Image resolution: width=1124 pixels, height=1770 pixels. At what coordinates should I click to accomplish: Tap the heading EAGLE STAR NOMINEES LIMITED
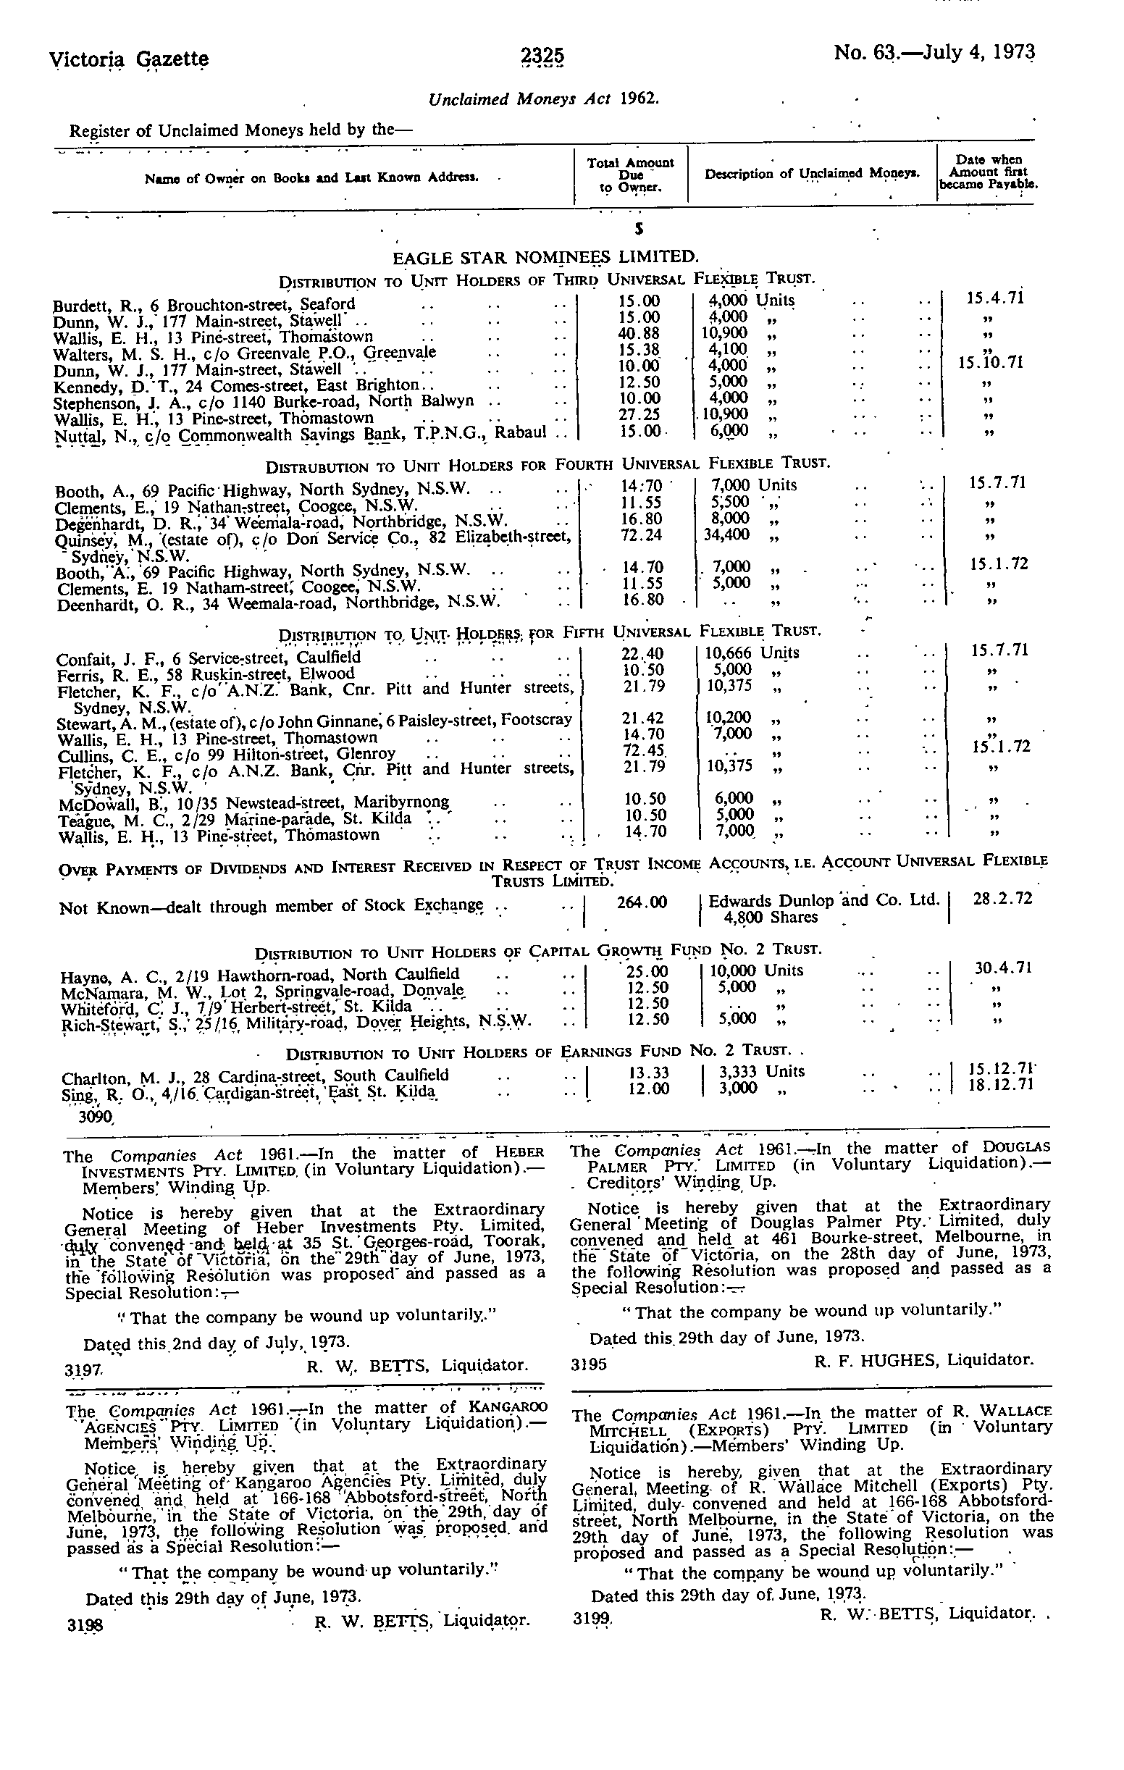pos(545,257)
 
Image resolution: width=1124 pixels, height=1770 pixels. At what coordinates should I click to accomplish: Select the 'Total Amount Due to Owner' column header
pos(630,175)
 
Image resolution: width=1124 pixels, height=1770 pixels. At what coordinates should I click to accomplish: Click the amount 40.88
pos(639,333)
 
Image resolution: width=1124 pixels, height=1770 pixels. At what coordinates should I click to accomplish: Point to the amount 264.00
pos(642,901)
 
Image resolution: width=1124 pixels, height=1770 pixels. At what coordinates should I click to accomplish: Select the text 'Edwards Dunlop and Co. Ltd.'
pos(823,900)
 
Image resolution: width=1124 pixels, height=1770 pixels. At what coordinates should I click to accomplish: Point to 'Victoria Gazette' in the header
pos(130,58)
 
